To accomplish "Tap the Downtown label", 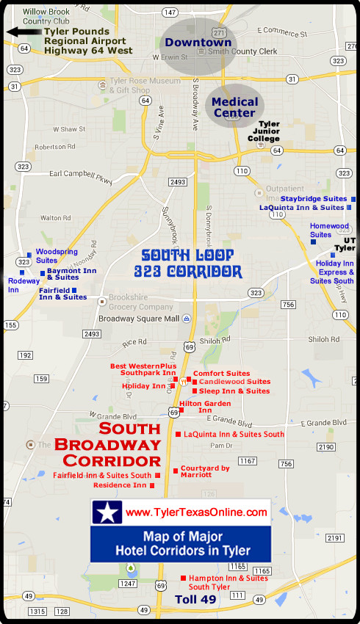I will click(x=198, y=43).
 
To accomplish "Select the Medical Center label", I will click(x=235, y=107).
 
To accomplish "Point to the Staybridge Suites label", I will click(x=313, y=199).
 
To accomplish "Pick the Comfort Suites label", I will click(x=221, y=374).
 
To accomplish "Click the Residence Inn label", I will click(x=119, y=485).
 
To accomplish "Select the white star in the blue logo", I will click(x=107, y=513).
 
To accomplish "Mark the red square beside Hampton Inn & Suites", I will click(x=183, y=578).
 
